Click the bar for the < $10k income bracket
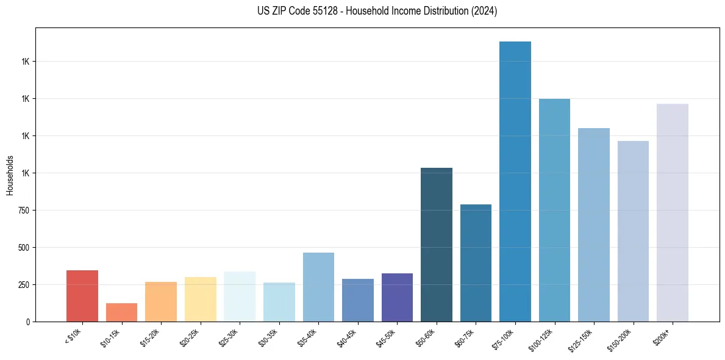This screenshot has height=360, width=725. pos(82,296)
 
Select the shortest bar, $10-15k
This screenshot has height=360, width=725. pos(121,312)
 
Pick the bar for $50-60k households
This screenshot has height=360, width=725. pos(437,245)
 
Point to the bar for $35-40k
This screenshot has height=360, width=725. pos(318,287)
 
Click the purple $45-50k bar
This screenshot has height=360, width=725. pos(397,297)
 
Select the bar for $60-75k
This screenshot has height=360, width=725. pos(476,263)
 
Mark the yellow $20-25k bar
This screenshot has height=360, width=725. pos(200,299)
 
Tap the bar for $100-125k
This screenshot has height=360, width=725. pos(554,210)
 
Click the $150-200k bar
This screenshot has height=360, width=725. pos(633,231)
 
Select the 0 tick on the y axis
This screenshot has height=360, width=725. pos(27,322)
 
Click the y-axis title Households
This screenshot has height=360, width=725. pos(10,175)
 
